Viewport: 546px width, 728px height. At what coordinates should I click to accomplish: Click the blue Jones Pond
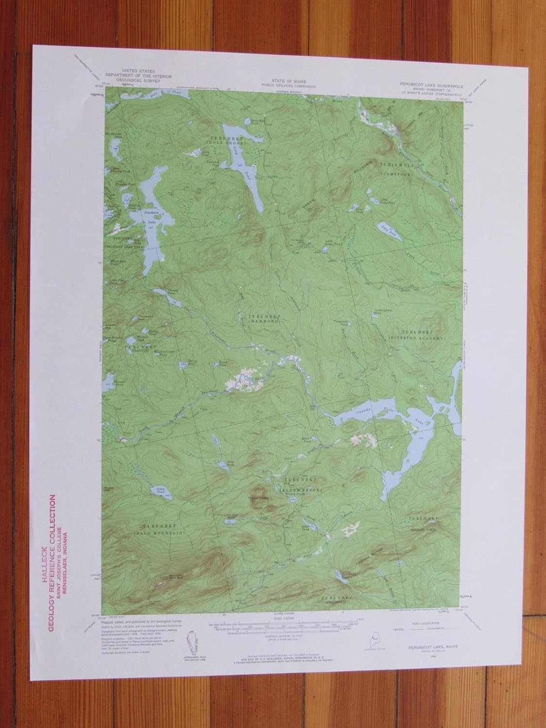159,492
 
